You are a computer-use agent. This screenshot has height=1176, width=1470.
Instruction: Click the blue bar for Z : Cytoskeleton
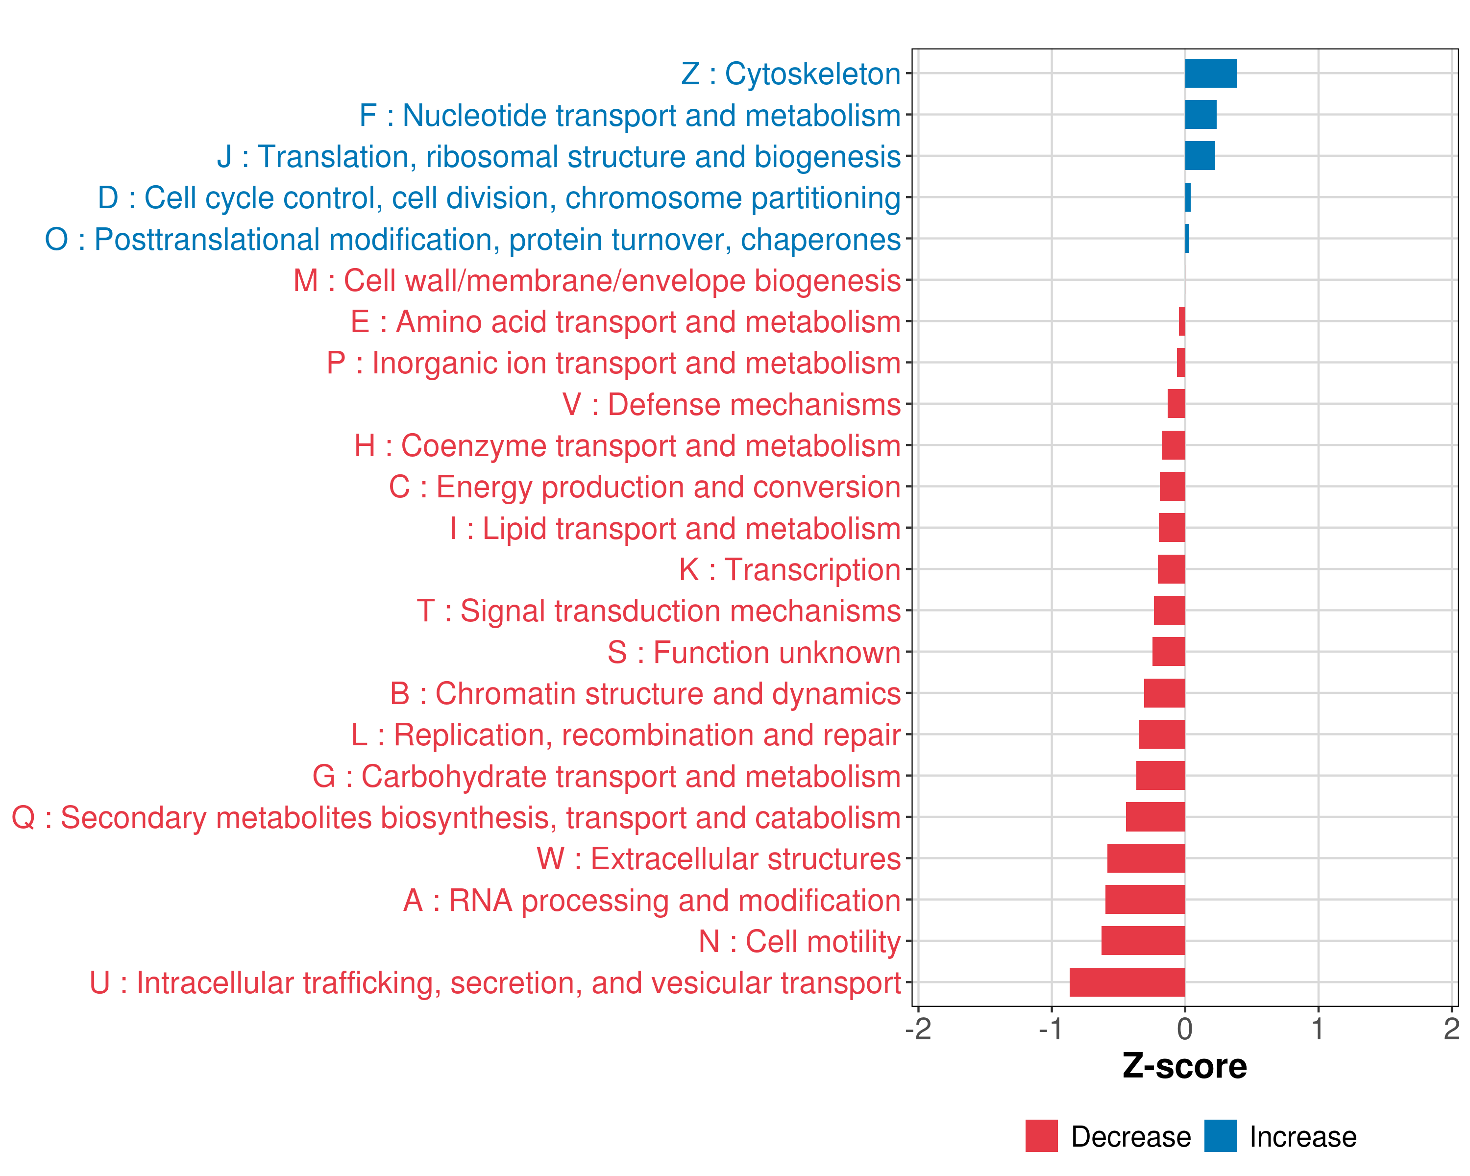coord(1210,73)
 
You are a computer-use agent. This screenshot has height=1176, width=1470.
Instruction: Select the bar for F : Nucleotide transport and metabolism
coord(1200,115)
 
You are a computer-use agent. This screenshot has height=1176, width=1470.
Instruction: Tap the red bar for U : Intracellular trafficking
coord(1127,982)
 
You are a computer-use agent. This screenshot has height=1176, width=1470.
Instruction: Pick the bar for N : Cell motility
coord(1143,941)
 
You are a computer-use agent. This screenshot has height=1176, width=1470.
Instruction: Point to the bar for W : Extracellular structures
coord(1146,858)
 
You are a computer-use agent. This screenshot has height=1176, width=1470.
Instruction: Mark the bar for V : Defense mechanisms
coord(1176,404)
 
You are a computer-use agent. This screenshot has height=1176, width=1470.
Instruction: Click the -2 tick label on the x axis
coord(918,1029)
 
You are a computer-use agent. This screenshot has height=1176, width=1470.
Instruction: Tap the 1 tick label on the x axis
coord(1318,1029)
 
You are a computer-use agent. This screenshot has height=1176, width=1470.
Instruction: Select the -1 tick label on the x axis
coord(1051,1029)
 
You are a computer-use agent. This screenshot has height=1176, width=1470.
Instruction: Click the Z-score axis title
coord(1184,1066)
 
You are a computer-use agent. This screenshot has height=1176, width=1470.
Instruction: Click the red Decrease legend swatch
coord(1041,1136)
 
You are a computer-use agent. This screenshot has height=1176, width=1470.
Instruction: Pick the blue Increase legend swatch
coord(1220,1136)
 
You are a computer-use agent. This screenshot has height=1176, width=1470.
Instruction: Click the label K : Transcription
coord(789,570)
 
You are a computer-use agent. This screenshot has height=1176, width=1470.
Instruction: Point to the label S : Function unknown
coord(754,652)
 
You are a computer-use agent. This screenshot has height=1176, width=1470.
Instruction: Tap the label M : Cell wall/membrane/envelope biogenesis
coord(597,281)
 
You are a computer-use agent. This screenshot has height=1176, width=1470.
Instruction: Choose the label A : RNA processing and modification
coord(652,901)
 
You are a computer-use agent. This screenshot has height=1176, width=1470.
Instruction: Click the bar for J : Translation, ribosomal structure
coord(1200,156)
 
